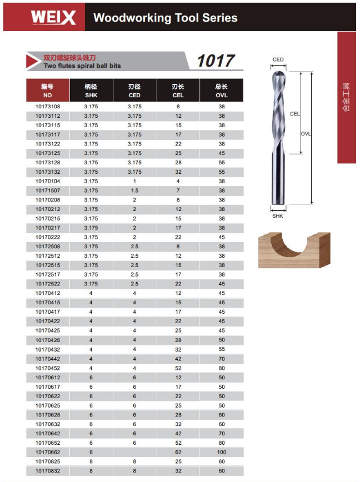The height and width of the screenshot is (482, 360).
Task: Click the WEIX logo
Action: click(53, 18)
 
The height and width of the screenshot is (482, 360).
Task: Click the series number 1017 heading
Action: click(216, 61)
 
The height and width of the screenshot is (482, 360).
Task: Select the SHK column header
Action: click(91, 91)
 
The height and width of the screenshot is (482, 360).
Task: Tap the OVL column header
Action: click(222, 91)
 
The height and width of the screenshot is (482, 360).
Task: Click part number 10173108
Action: click(48, 107)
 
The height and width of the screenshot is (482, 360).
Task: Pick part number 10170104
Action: click(48, 182)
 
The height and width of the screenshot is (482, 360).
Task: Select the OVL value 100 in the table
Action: click(222, 452)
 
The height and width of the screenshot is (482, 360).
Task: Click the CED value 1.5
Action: click(134, 190)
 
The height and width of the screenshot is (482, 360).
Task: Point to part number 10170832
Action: click(48, 471)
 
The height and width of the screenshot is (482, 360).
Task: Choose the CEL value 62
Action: click(178, 452)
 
